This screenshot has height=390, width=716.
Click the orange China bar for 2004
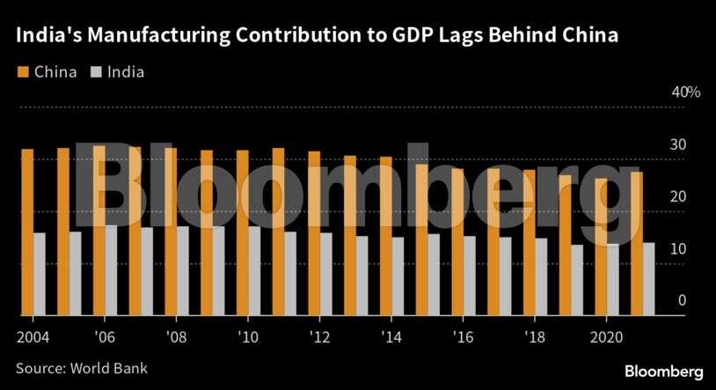point(27,232)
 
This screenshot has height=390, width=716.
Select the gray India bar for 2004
point(40,274)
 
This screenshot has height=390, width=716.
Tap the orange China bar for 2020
point(601,247)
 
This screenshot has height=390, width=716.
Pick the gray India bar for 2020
point(613,279)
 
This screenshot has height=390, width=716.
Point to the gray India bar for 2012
point(326,274)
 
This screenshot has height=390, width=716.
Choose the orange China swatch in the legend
point(22,72)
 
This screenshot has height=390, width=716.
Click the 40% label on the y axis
point(685,92)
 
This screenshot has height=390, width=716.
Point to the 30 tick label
point(679,144)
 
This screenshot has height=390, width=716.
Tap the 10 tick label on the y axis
point(679,249)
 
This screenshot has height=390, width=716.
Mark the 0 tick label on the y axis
point(682,301)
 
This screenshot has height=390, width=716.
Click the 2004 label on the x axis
point(33,337)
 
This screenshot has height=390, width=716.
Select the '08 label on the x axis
point(176,337)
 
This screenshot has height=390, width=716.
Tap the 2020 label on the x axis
point(607,337)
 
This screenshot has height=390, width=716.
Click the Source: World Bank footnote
point(81,368)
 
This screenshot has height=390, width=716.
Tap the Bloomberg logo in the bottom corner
point(664,371)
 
